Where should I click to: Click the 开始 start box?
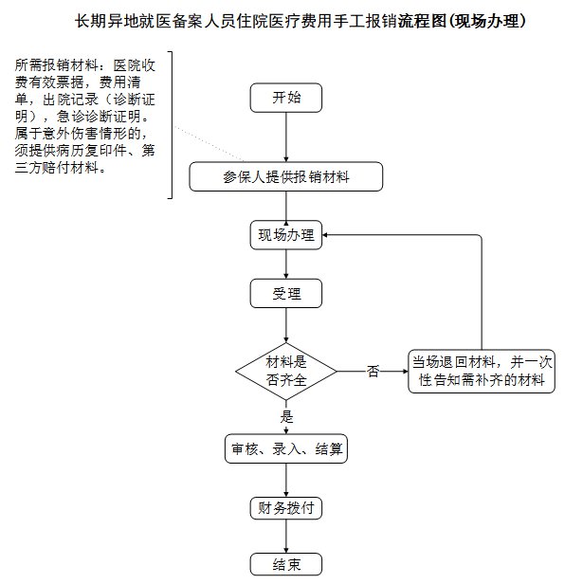click(x=285, y=98)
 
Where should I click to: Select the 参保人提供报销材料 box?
click(x=285, y=177)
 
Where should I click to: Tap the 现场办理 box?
click(x=286, y=236)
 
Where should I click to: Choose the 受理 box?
click(x=286, y=294)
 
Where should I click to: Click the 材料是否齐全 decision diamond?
click(x=286, y=371)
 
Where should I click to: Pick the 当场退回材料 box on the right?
click(x=482, y=371)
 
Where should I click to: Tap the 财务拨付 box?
click(x=286, y=507)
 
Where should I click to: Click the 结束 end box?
click(x=286, y=564)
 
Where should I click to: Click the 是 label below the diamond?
click(x=286, y=415)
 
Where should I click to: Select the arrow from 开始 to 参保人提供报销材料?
click(x=285, y=137)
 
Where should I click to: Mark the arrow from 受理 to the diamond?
click(x=286, y=324)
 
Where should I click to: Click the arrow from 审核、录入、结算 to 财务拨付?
click(x=286, y=480)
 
